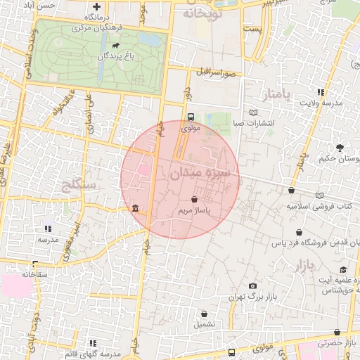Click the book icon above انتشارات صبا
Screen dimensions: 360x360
[x=254, y=111]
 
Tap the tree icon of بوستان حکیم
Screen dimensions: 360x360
[x=340, y=148]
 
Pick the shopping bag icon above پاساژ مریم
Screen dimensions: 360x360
[x=194, y=200]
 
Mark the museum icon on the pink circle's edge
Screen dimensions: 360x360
[x=135, y=208]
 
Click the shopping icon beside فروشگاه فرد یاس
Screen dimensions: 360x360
[x=300, y=232]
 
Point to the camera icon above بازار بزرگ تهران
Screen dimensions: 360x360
[x=253, y=285]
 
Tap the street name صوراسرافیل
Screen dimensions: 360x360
[x=219, y=72]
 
